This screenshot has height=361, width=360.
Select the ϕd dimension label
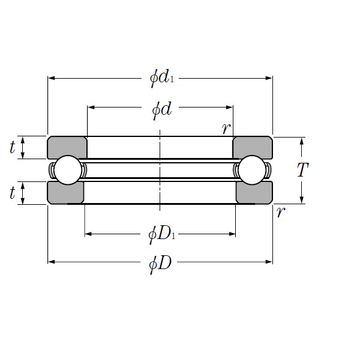(160, 108)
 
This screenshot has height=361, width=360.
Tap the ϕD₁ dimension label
(160, 234)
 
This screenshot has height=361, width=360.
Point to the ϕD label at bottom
(160, 262)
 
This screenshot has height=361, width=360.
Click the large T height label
(302, 171)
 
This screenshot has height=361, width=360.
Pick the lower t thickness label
(12, 193)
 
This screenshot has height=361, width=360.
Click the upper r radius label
(225, 128)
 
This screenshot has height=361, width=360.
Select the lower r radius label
(280, 213)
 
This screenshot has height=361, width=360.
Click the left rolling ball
(67, 170)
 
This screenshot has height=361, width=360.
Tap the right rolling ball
(252, 170)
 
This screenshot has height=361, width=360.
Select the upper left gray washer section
(67, 147)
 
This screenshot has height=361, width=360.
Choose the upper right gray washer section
(253, 147)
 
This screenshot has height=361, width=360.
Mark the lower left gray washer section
(65, 193)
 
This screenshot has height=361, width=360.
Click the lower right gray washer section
(254, 193)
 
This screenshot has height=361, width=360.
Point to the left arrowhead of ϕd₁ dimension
(51, 78)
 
